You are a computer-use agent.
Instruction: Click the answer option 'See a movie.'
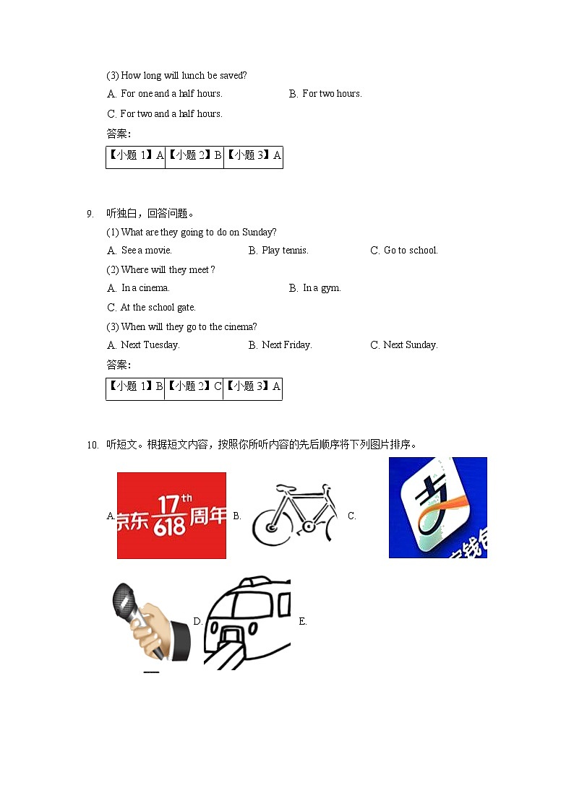[147, 251]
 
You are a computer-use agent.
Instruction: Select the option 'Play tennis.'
[285, 251]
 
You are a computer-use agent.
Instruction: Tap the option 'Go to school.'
[411, 251]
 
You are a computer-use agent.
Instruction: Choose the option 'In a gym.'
[322, 288]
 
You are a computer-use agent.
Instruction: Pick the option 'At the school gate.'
[158, 307]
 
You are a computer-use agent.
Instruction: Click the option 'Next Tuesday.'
[150, 345]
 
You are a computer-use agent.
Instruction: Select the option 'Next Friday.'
[286, 345]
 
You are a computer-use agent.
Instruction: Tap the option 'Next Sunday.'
[410, 345]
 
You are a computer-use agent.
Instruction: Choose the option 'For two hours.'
[332, 94]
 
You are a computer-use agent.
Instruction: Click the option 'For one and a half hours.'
[171, 94]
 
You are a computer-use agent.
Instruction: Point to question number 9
[90, 214]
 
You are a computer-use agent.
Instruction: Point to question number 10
[92, 445]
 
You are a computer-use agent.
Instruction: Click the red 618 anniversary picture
[171, 515]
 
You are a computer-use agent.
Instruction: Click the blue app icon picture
[437, 508]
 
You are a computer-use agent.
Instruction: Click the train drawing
[247, 623]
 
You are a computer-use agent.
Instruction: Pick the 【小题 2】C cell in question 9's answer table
[194, 387]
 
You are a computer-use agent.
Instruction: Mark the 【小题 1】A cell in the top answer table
[136, 156]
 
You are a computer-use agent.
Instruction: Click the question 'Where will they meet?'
[168, 269]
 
